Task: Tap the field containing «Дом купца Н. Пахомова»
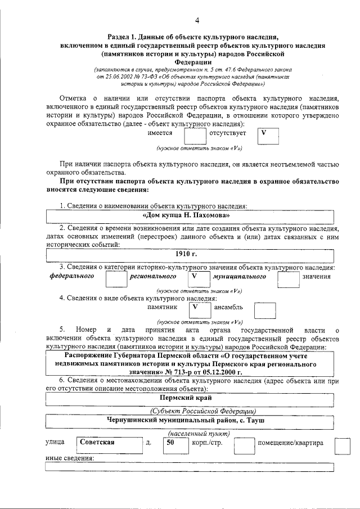click(190, 215)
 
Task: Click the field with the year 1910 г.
click(190, 255)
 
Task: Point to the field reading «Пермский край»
click(190, 398)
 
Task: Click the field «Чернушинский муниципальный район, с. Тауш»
click(190, 420)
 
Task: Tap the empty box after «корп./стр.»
click(243, 445)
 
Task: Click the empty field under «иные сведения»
click(190, 467)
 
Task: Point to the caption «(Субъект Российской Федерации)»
click(202, 410)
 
